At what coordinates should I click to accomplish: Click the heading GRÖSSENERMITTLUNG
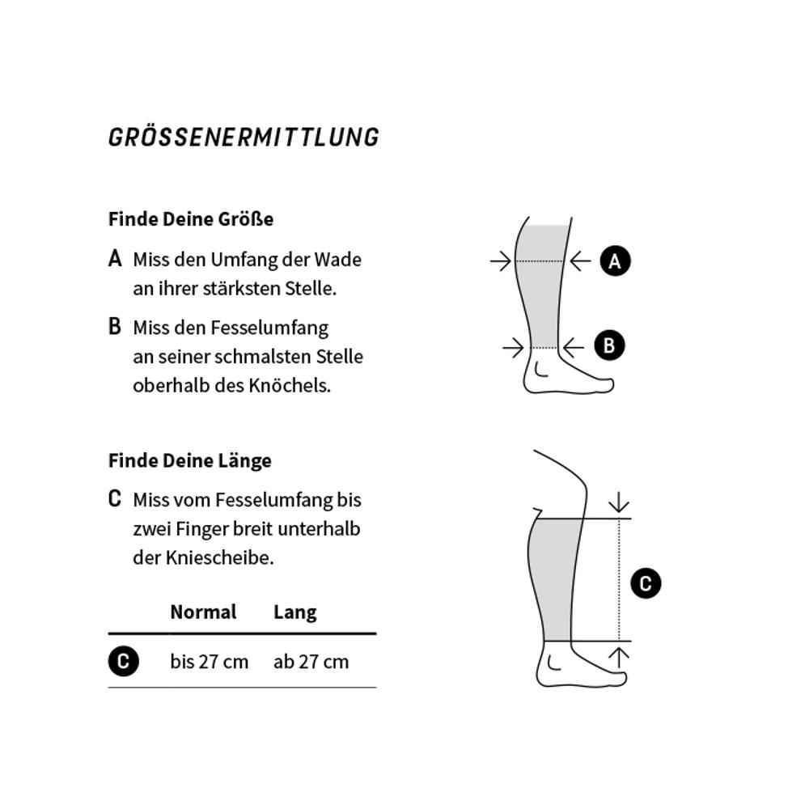pyautogui.click(x=244, y=138)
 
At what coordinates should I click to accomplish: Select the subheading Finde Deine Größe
pyautogui.click(x=191, y=219)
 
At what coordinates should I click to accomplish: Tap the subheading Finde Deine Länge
pyautogui.click(x=190, y=461)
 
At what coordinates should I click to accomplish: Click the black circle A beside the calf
pyautogui.click(x=615, y=261)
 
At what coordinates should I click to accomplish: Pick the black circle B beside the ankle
pyautogui.click(x=609, y=345)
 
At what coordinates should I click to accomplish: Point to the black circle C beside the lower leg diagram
pyautogui.click(x=646, y=583)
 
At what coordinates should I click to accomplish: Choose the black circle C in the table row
pyautogui.click(x=123, y=661)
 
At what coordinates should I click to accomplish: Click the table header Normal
pyautogui.click(x=203, y=612)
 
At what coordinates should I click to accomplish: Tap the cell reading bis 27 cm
pyautogui.click(x=209, y=662)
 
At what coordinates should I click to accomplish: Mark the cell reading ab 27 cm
pyautogui.click(x=311, y=662)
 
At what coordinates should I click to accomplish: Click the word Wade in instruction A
pyautogui.click(x=338, y=260)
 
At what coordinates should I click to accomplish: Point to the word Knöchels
pyautogui.click(x=290, y=385)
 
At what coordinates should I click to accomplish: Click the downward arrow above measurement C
pyautogui.click(x=619, y=502)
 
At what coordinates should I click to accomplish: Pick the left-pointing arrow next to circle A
pyautogui.click(x=580, y=261)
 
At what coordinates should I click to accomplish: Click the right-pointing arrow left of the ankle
pyautogui.click(x=514, y=348)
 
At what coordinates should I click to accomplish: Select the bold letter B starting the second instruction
pyautogui.click(x=115, y=327)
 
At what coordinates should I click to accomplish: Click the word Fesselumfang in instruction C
pyautogui.click(x=274, y=501)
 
